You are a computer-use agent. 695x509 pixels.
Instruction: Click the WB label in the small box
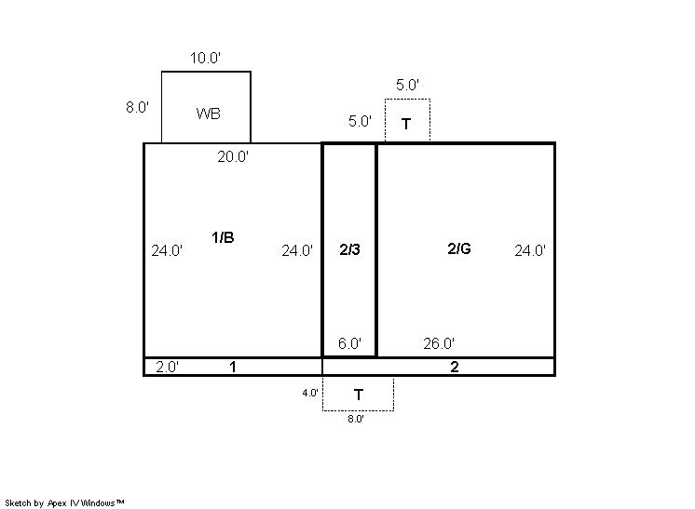[209, 114]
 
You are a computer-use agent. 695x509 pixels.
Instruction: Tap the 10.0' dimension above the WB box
[205, 58]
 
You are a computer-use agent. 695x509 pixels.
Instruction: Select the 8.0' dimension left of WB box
[137, 107]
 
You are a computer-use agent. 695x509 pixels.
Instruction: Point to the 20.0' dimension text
[233, 156]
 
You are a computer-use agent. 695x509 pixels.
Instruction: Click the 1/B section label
[223, 237]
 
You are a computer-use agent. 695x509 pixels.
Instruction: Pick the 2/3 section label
[349, 250]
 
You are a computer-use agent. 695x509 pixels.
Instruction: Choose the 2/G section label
[459, 248]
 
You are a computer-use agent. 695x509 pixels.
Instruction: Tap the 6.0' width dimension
[349, 343]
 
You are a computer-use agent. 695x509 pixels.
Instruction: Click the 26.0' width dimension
[439, 343]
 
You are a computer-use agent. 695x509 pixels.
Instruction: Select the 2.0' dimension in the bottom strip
[167, 367]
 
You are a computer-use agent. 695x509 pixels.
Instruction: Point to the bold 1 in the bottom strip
[233, 367]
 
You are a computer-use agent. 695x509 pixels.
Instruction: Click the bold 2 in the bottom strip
[455, 367]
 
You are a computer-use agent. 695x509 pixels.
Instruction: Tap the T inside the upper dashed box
[406, 124]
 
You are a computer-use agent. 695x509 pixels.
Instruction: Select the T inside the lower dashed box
[359, 395]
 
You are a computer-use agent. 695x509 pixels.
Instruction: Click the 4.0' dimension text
[310, 393]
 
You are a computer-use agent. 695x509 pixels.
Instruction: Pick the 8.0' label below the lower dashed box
[356, 419]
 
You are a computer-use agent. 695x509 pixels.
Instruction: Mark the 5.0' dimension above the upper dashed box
[407, 85]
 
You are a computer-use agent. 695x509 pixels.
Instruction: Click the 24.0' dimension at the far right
[530, 250]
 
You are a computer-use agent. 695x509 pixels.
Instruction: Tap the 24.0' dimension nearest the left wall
[167, 250]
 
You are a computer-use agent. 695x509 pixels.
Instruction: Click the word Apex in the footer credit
[57, 503]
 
